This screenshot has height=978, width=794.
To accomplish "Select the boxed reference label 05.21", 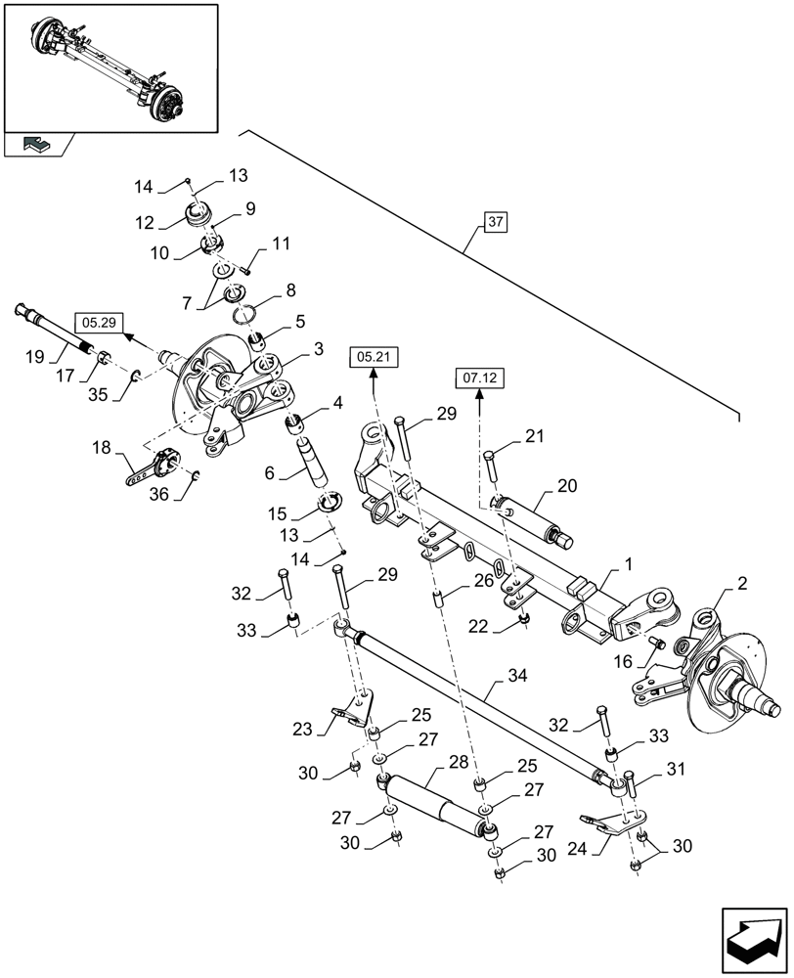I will pyautogui.click(x=374, y=358).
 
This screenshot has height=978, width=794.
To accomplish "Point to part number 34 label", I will pyautogui.click(x=517, y=676).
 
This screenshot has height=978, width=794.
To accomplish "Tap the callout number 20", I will pyautogui.click(x=567, y=486).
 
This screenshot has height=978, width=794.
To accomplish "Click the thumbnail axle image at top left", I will pyautogui.click(x=110, y=65).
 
